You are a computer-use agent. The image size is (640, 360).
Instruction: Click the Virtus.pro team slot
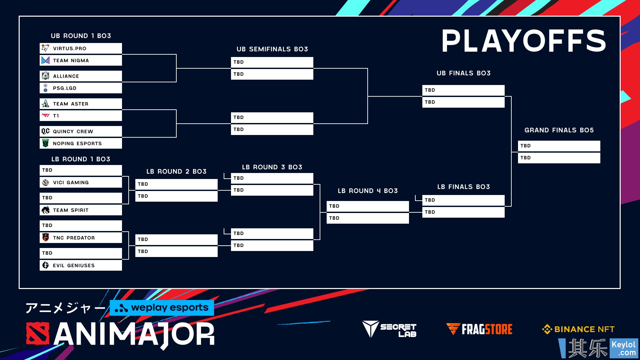click(81, 48)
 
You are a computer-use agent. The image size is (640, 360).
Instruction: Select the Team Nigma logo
click(46, 60)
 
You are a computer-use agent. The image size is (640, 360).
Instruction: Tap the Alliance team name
click(66, 76)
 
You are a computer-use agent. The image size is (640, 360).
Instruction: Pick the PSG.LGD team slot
click(81, 88)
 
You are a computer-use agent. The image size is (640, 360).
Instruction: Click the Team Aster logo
click(46, 104)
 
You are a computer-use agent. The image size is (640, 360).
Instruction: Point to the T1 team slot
click(81, 116)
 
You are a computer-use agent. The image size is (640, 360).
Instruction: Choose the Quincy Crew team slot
click(81, 131)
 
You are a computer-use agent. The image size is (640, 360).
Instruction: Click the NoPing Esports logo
click(46, 143)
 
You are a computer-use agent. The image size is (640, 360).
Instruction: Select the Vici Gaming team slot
click(81, 182)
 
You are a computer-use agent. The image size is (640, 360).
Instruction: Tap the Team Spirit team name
click(71, 210)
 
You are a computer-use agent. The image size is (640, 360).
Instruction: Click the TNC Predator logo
click(46, 238)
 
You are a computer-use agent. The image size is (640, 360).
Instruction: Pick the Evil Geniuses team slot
click(81, 265)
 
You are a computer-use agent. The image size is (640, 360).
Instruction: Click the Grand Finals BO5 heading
click(559, 130)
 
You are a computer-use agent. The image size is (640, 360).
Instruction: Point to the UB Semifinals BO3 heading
click(272, 49)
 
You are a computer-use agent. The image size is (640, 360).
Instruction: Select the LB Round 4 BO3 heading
click(368, 191)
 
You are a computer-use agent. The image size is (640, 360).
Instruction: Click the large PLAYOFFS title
click(524, 41)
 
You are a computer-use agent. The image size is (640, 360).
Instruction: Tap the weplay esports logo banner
click(162, 308)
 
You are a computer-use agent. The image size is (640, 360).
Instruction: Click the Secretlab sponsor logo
click(389, 329)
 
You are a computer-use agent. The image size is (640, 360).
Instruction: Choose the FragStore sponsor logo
click(479, 329)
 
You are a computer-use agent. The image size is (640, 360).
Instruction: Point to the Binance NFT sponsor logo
click(578, 329)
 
